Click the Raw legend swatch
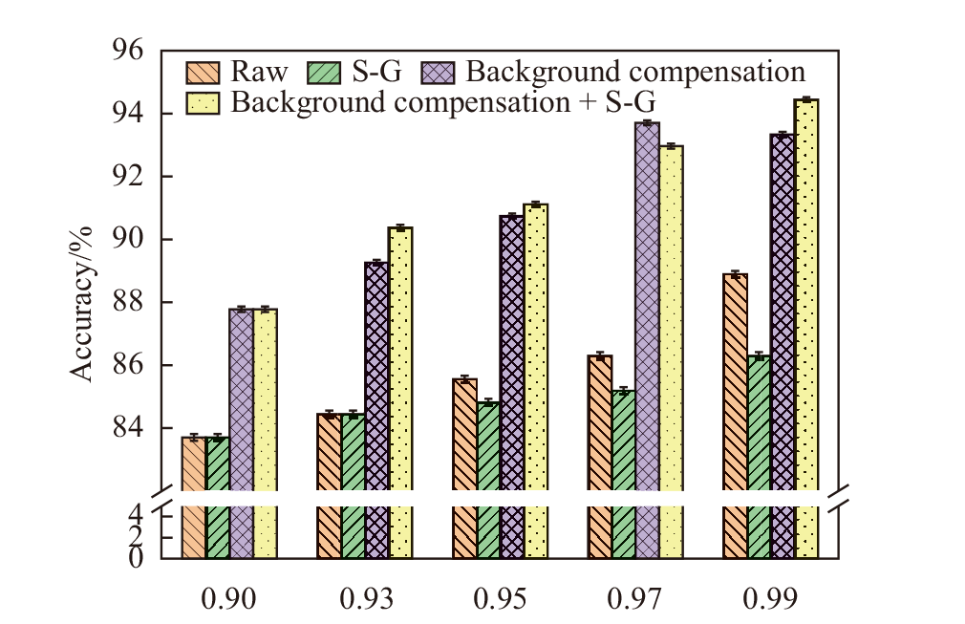coord(202,73)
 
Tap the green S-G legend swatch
coord(324,73)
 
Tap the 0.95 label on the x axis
coord(501,599)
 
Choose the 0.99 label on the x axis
coord(772,599)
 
